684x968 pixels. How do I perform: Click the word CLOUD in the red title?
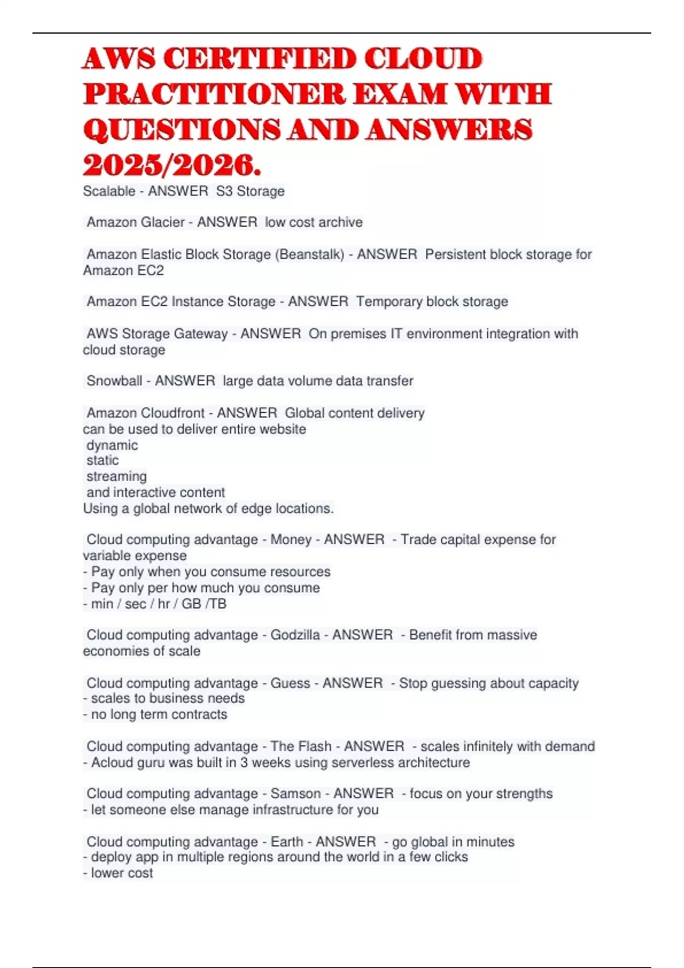tap(424, 59)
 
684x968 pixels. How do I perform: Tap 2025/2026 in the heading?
tap(172, 166)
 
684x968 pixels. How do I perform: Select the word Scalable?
tap(109, 191)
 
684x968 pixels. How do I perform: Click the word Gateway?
tap(201, 334)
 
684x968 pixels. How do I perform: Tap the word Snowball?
tap(114, 381)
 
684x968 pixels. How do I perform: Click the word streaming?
tap(116, 477)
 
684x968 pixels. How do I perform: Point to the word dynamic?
tap(112, 445)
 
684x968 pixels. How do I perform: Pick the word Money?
tap(291, 540)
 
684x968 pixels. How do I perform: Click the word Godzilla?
tap(295, 635)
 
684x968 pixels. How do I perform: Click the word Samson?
tap(295, 794)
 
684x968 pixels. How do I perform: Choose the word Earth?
tap(287, 842)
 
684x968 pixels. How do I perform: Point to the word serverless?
tap(361, 763)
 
